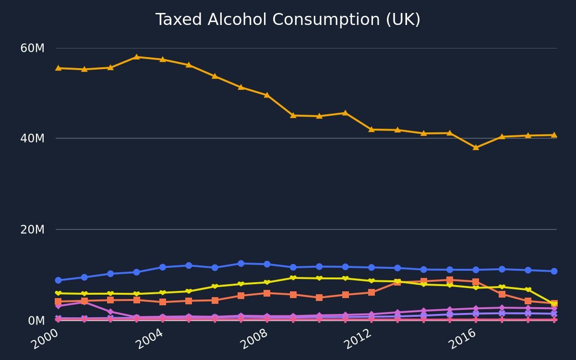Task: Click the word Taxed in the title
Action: pos(179,20)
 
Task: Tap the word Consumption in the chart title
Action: pos(326,20)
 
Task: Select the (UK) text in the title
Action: pos(403,20)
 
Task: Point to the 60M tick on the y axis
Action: pos(33,48)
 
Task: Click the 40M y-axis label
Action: pos(33,139)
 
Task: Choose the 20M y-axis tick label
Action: pos(33,229)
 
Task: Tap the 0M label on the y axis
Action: pos(36,321)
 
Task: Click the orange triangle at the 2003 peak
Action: pos(136,57)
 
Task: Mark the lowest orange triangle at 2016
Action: pos(476,147)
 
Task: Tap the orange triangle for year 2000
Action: pos(59,68)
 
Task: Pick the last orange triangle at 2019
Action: pos(554,135)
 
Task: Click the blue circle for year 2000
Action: pos(59,280)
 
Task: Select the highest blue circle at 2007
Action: pos(241,264)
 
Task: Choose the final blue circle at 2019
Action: pos(554,271)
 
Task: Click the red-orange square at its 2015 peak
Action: pos(450,280)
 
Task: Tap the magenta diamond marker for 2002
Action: pos(110,312)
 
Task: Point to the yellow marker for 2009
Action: pos(293,278)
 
